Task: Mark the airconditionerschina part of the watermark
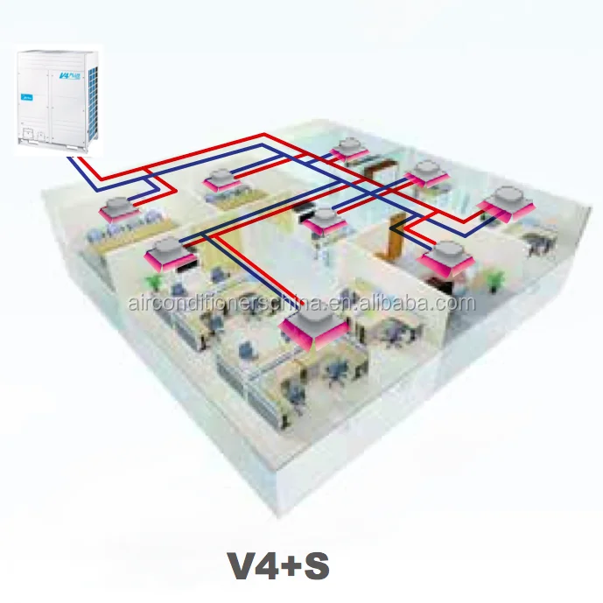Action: coord(219,305)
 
